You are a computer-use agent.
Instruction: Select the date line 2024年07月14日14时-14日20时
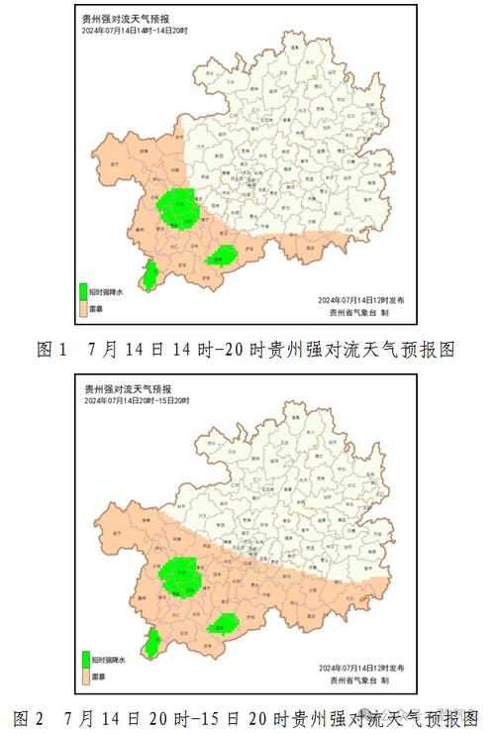pyautogui.click(x=137, y=31)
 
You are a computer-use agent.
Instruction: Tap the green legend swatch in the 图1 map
pyautogui.click(x=84, y=292)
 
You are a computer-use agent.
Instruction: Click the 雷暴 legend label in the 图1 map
pyautogui.click(x=97, y=309)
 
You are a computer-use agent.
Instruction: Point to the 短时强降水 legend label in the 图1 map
pyautogui.click(x=107, y=292)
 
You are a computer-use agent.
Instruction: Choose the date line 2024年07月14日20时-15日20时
pyautogui.click(x=137, y=401)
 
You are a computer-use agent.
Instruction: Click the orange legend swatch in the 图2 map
pyautogui.click(x=84, y=678)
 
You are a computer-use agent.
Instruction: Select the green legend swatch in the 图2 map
pyautogui.click(x=84, y=661)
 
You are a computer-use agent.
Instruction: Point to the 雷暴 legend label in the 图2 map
pyautogui.click(x=97, y=678)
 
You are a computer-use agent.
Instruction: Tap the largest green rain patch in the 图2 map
pyautogui.click(x=179, y=576)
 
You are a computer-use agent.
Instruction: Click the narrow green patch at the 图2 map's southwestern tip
pyautogui.click(x=152, y=645)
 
